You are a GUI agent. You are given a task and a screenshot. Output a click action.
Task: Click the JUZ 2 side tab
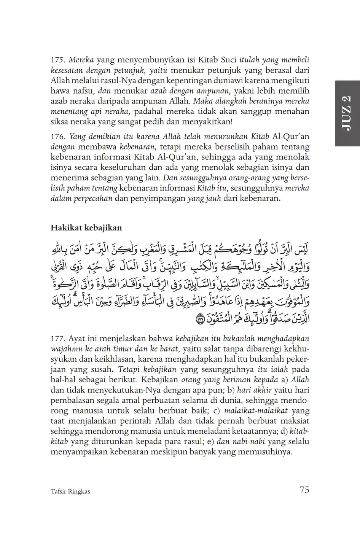(347, 113)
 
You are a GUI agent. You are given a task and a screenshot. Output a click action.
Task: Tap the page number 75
(304, 490)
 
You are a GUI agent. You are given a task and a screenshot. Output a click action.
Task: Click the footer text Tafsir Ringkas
(70, 491)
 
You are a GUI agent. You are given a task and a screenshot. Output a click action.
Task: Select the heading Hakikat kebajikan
(86, 228)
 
